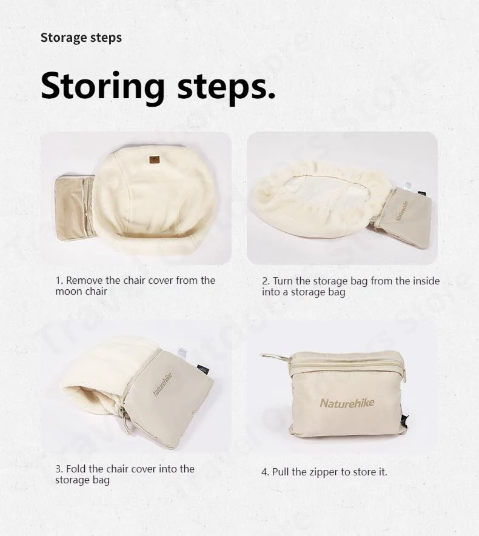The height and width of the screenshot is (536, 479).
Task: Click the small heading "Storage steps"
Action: tap(81, 38)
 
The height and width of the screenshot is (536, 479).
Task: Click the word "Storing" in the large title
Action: tap(102, 86)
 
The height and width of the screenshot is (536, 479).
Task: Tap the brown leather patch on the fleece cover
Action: tap(155, 159)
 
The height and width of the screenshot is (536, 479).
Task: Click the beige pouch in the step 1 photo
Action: tap(75, 208)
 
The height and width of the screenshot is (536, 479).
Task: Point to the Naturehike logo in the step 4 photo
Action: tap(347, 403)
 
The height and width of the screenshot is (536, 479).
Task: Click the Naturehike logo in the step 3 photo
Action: tap(162, 385)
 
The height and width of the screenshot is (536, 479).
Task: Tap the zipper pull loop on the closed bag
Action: tap(275, 357)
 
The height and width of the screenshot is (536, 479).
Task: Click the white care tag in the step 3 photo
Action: tap(182, 353)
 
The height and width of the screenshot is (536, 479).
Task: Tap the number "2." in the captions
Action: tap(266, 281)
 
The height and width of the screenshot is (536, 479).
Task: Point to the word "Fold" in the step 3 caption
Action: tap(76, 469)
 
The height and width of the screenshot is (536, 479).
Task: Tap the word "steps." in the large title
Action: tap(226, 86)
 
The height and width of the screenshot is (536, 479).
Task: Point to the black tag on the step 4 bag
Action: tap(406, 420)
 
